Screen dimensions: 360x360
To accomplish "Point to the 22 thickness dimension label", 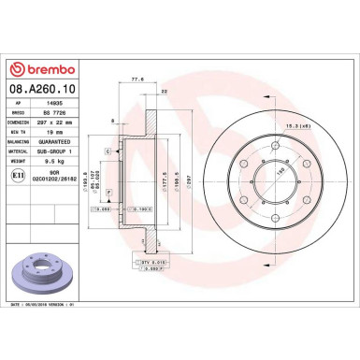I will click(x=165, y=91).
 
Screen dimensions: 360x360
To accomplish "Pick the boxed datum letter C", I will click(x=108, y=151).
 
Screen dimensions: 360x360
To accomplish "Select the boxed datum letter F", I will click(x=108, y=192).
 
